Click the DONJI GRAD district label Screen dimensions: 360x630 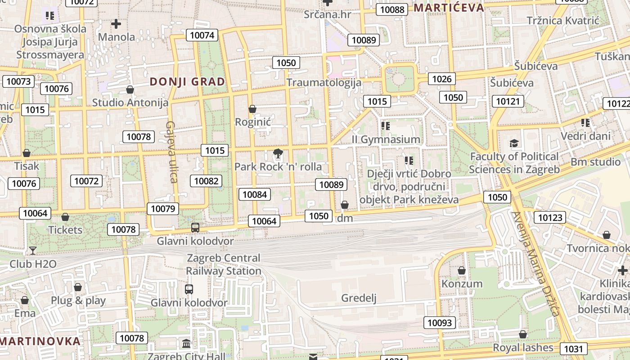click(187, 82)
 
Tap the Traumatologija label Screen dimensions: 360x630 click(324, 83)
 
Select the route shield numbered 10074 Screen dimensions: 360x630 click(202, 35)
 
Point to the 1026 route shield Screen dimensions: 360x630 click(441, 79)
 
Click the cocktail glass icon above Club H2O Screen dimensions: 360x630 click(32, 250)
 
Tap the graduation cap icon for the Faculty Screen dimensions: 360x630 click(514, 144)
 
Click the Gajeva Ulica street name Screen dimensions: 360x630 click(171, 152)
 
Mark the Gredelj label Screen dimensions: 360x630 click(359, 298)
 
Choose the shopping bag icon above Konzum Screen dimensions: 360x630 click(461, 270)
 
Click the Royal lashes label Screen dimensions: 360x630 click(523, 347)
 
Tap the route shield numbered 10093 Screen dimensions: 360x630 click(440, 322)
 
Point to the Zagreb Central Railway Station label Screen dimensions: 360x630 click(224, 265)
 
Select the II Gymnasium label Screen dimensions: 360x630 click(386, 139)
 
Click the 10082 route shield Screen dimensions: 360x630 click(207, 181)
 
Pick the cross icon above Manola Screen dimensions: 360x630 click(116, 23)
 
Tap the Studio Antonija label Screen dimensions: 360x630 click(130, 103)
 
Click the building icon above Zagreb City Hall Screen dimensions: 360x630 click(186, 344)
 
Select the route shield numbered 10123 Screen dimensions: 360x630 click(550, 218)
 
